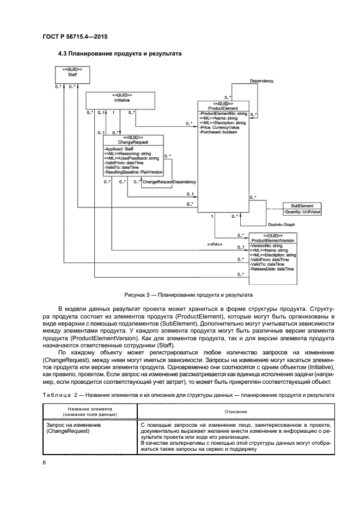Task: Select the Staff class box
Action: tap(72, 75)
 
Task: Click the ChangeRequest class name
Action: tap(133, 142)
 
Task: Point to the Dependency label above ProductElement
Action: tap(261, 81)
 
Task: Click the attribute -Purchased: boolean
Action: tap(221, 132)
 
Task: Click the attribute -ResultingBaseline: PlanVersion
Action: tap(133, 172)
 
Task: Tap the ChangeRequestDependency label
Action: tap(169, 182)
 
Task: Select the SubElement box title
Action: tap(302, 206)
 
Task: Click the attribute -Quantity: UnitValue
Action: tap(302, 211)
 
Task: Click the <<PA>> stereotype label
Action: tap(213, 244)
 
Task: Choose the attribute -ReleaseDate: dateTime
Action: tap(272, 269)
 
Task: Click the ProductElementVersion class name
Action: tap(273, 240)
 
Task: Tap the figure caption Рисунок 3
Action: tap(187, 295)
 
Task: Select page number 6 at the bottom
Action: tap(44, 462)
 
